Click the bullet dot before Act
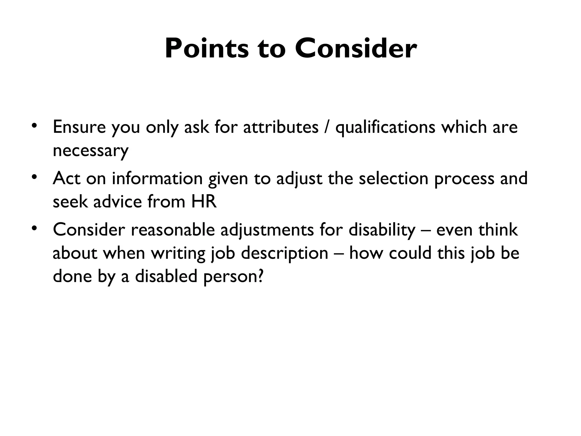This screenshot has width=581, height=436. pyautogui.click(x=34, y=177)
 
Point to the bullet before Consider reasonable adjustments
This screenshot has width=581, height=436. pyautogui.click(x=34, y=228)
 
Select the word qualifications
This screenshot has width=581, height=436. pyautogui.click(x=385, y=127)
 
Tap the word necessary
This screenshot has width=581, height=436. pyautogui.click(x=90, y=151)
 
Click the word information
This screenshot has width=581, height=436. pyautogui.click(x=157, y=179)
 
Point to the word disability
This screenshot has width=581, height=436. pyautogui.click(x=382, y=230)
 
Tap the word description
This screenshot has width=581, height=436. pyautogui.click(x=285, y=253)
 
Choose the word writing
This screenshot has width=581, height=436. pyautogui.click(x=178, y=253)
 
